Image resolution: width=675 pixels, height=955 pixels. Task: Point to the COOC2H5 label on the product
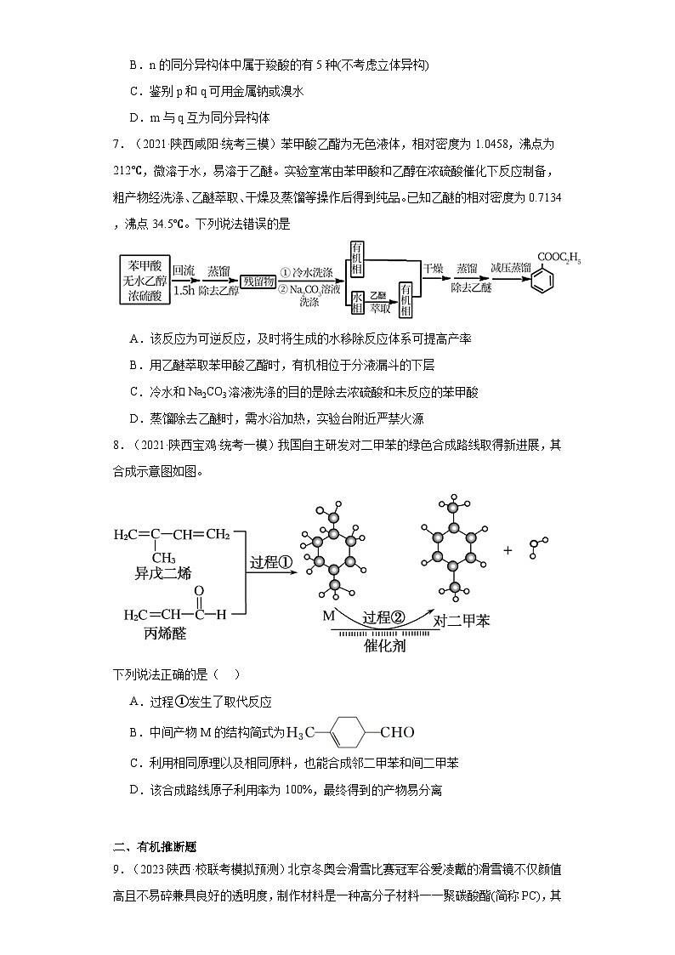tap(558, 255)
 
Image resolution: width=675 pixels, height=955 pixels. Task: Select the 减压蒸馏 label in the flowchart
tap(510, 268)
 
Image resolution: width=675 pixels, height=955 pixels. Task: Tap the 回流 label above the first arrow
tap(183, 270)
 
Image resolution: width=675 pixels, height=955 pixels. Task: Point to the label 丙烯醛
tap(155, 634)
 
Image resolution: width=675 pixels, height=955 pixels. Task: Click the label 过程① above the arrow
tap(271, 562)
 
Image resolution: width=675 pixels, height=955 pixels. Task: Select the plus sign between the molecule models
tap(508, 550)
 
